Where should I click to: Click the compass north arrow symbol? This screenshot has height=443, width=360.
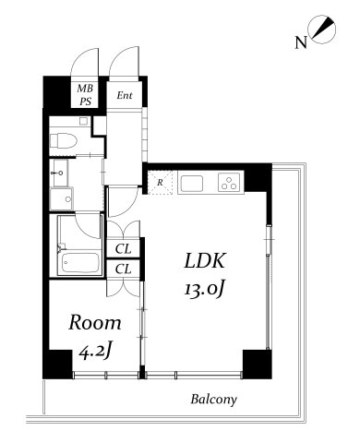click(x=323, y=30)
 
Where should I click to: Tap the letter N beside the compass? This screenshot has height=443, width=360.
click(x=301, y=42)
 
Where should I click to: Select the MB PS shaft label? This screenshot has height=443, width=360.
click(x=85, y=95)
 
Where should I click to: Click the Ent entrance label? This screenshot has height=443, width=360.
click(x=125, y=95)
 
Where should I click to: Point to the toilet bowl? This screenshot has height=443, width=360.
click(x=64, y=140)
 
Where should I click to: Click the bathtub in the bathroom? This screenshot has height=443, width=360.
click(x=80, y=262)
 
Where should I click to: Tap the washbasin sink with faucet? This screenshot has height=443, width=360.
click(x=61, y=173)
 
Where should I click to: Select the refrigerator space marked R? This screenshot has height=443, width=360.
click(x=160, y=182)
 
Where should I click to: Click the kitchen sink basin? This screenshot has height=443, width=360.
click(x=192, y=184)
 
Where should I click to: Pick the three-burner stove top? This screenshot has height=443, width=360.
click(x=229, y=183)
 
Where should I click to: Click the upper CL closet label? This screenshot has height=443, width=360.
click(x=124, y=248)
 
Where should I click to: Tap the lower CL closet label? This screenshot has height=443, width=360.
click(x=124, y=269)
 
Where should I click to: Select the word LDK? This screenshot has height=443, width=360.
click(x=205, y=260)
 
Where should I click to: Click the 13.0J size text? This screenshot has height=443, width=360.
click(x=204, y=290)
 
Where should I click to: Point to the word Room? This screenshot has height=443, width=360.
click(x=95, y=322)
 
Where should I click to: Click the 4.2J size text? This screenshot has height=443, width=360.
click(x=94, y=352)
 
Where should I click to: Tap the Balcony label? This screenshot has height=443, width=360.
click(x=214, y=400)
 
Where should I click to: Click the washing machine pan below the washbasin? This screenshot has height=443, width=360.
click(x=62, y=198)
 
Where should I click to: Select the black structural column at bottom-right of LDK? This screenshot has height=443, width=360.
click(x=258, y=365)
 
